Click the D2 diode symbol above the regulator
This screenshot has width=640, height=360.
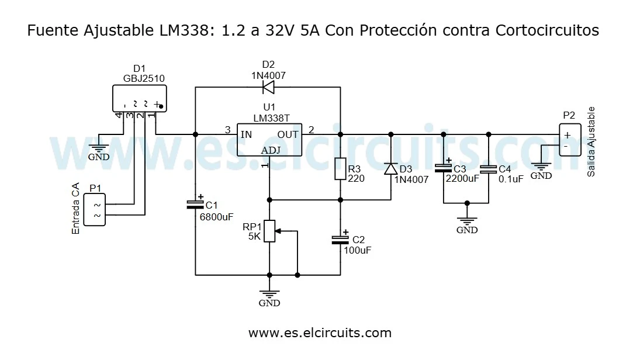pyautogui.click(x=268, y=88)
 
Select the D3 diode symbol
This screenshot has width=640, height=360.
pyautogui.click(x=390, y=169)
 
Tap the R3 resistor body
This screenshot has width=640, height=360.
pyautogui.click(x=340, y=169)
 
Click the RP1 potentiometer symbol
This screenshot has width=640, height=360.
pyautogui.click(x=269, y=231)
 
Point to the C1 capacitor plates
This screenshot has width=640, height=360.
pyautogui.click(x=195, y=205)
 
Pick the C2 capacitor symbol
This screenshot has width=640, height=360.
pyautogui.click(x=340, y=239)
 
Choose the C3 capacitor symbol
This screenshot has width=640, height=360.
pyautogui.click(x=443, y=169)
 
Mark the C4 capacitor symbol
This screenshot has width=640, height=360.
pyautogui.click(x=488, y=169)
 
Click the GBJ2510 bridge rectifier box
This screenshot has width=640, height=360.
pyautogui.click(x=139, y=98)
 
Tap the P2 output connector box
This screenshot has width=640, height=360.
pyautogui.click(x=570, y=140)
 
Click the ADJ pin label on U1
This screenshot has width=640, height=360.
pyautogui.click(x=270, y=151)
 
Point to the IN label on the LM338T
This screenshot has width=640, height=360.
pyautogui.click(x=247, y=134)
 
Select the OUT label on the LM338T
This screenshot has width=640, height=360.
pyautogui.click(x=288, y=134)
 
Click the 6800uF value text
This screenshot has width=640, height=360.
pyautogui.click(x=216, y=216)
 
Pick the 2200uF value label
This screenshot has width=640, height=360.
pyautogui.click(x=462, y=179)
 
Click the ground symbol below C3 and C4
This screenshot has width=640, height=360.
pyautogui.click(x=466, y=222)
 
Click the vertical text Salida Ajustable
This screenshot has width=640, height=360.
pyautogui.click(x=591, y=142)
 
